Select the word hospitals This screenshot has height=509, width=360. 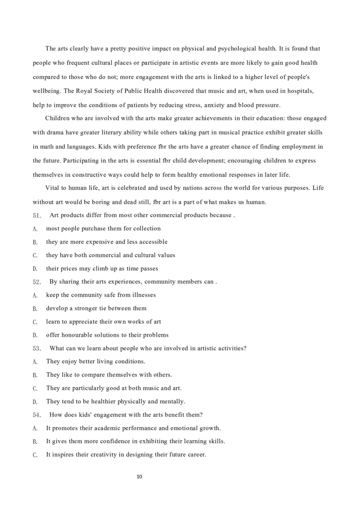pos(298,91)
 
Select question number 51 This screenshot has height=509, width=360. pos(37,215)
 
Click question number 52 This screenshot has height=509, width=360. pos(37,282)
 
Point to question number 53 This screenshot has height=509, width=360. pos(37,348)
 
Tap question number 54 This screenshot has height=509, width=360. pos(37,415)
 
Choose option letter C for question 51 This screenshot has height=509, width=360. pos(35,255)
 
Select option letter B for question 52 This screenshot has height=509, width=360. pos(35,308)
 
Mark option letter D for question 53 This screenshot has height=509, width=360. pos(35,402)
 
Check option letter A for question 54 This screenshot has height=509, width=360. pos(35,429)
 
